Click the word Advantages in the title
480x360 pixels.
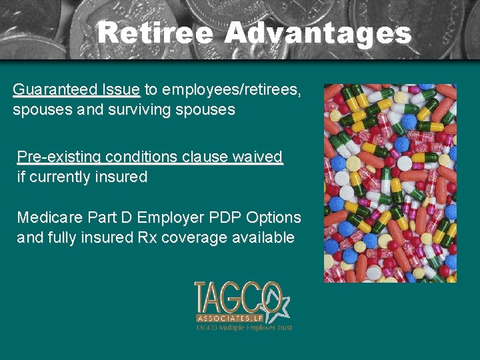[x=318, y=33]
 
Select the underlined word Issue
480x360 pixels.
[x=121, y=90]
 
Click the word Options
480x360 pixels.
[x=273, y=218]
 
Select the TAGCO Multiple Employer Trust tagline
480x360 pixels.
[x=243, y=328]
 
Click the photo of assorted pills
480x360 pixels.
[x=390, y=183]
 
